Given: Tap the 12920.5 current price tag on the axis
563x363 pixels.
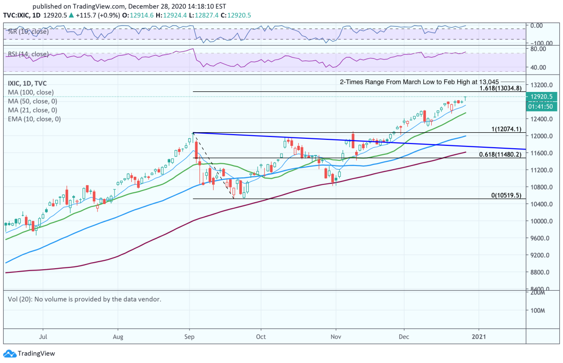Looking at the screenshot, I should pyautogui.click(x=542, y=97).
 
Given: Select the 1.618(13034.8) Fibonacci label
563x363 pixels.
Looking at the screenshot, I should pyautogui.click(x=500, y=88).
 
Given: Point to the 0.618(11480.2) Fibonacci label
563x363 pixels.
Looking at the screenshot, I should pyautogui.click(x=500, y=154).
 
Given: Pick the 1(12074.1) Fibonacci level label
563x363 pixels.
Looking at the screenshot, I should pyautogui.click(x=504, y=129).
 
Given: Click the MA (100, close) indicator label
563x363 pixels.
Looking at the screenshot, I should pyautogui.click(x=30, y=92).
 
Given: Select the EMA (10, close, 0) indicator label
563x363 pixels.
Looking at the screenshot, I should pyautogui.click(x=34, y=119).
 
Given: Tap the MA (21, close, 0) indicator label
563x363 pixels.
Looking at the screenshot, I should pyautogui.click(x=32, y=110).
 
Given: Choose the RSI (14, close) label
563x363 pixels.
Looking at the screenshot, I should pyautogui.click(x=28, y=54).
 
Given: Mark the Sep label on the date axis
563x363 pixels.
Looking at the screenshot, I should pyautogui.click(x=190, y=336).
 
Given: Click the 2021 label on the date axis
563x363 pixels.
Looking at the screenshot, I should pyautogui.click(x=479, y=336).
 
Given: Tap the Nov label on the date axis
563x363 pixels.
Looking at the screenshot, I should pyautogui.click(x=335, y=336).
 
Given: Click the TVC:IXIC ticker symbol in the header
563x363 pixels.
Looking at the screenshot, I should pyautogui.click(x=17, y=15).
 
